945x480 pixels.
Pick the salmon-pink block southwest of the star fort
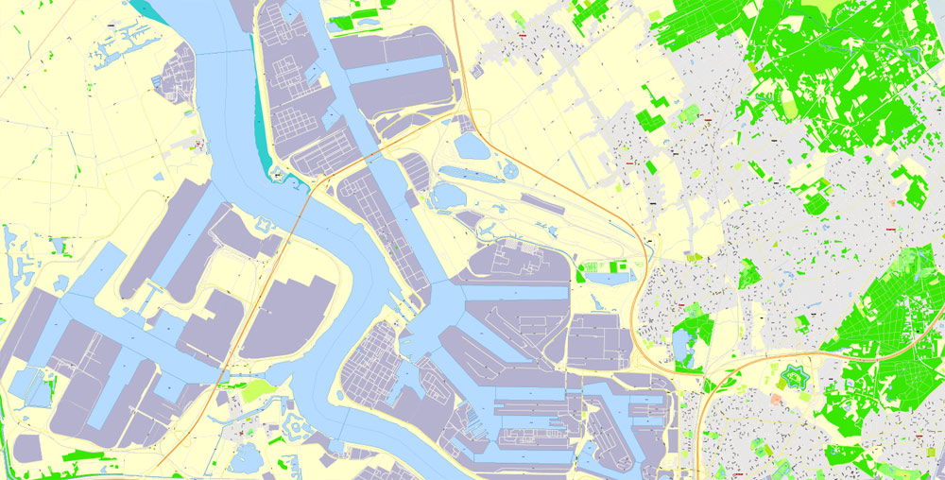click(x=775, y=400)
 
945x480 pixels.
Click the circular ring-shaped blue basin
click(x=510, y=171)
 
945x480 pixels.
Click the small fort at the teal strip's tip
click(x=277, y=173)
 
